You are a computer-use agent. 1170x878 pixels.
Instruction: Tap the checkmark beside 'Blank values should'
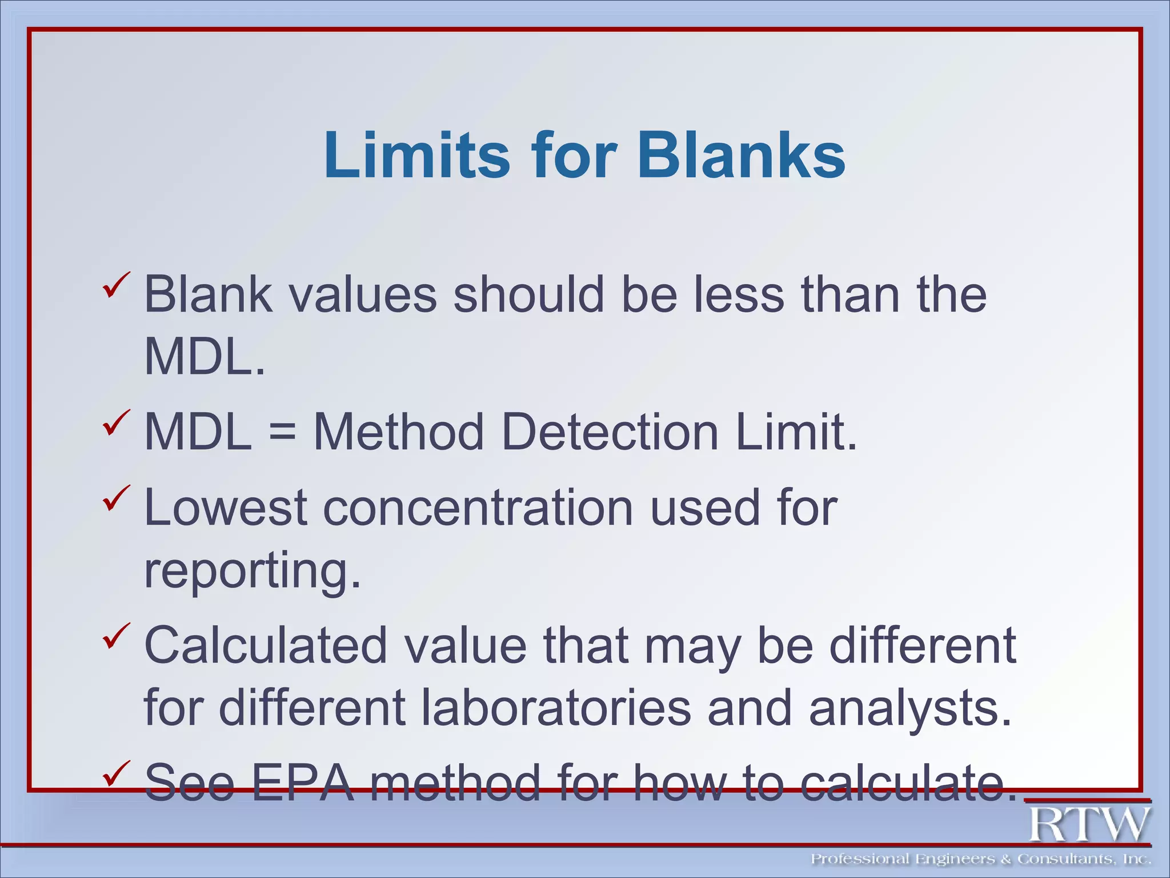117,285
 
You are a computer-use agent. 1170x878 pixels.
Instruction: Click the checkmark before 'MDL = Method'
117,422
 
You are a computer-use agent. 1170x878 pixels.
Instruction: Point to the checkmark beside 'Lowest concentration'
117,498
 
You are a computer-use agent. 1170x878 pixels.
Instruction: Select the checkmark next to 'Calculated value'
117,636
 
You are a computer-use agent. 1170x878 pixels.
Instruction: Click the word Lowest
226,508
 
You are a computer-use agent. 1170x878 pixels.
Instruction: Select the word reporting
252,572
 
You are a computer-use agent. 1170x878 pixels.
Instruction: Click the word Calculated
266,645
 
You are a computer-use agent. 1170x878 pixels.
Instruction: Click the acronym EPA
303,783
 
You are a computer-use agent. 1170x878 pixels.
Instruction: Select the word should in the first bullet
528,295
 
